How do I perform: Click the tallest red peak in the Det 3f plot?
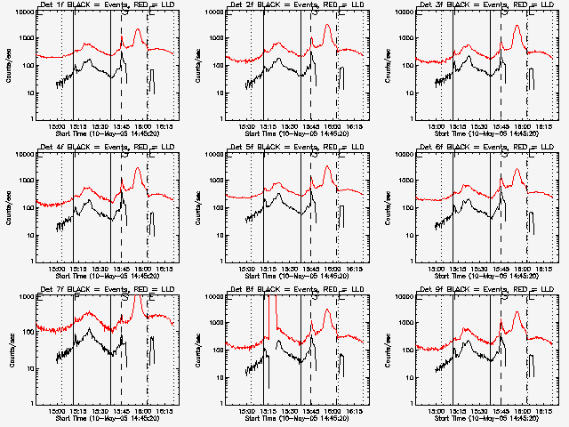point(517,25)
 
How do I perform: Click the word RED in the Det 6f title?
point(509,148)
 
